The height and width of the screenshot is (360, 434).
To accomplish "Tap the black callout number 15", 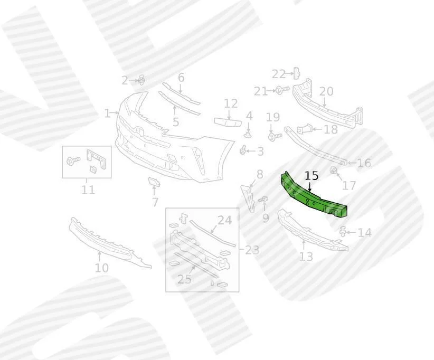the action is pyautogui.click(x=312, y=176).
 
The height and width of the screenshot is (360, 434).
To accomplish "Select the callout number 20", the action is pyautogui.click(x=326, y=91).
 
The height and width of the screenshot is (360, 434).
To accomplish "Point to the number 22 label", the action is pyautogui.click(x=278, y=74).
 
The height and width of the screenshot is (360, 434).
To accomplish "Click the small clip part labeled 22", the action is pyautogui.click(x=296, y=73).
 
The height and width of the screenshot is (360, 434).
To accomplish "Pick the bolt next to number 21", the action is pyautogui.click(x=282, y=90).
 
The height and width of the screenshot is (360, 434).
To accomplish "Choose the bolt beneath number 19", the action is pyautogui.click(x=275, y=136).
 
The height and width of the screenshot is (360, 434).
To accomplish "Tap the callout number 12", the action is pyautogui.click(x=231, y=103).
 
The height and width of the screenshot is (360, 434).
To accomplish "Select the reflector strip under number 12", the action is pyautogui.click(x=228, y=122).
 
